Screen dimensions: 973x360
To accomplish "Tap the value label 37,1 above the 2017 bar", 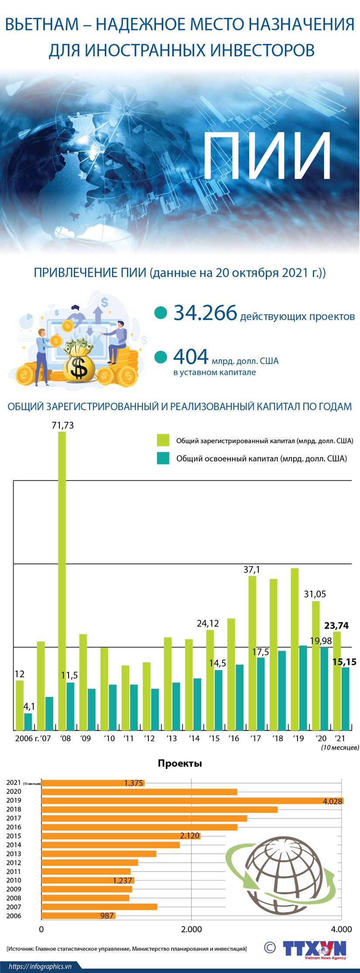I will tap(251, 569).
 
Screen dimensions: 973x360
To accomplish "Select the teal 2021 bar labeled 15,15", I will tap(345, 698).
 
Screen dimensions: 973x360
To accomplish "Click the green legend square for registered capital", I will tap(163, 440).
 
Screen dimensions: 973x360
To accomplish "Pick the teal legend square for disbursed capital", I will tap(163, 458).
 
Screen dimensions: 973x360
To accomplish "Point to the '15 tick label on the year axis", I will tap(214, 738).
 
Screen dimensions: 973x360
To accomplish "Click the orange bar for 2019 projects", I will tap(192, 801).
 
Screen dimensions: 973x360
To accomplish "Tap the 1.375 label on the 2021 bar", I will tap(134, 783).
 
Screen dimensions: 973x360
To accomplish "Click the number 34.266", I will tap(205, 313).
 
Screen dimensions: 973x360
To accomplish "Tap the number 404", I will tap(191, 357).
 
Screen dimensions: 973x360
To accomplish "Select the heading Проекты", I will tap(180, 763).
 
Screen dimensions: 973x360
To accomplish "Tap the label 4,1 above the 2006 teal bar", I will tap(29, 706).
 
